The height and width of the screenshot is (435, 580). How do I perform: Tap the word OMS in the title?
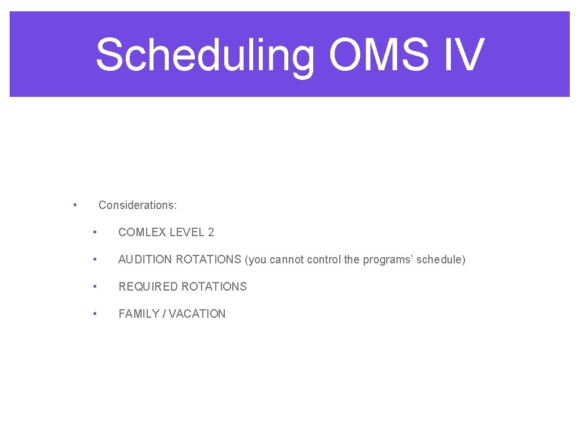point(378,55)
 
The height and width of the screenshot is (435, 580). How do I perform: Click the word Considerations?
point(137,205)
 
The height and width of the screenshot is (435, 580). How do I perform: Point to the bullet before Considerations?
point(75,204)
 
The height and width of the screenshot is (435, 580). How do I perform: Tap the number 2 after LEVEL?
point(211,232)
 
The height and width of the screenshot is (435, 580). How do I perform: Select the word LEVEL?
point(186,232)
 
